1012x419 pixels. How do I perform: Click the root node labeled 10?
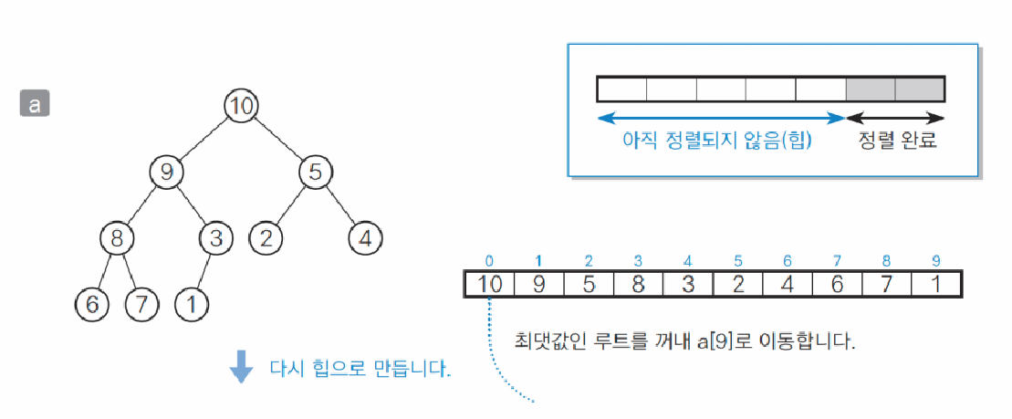pyautogui.click(x=240, y=106)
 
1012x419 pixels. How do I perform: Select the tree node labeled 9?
pyautogui.click(x=166, y=171)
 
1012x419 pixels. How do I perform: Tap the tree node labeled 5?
pyautogui.click(x=314, y=171)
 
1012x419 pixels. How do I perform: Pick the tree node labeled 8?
pyautogui.click(x=117, y=239)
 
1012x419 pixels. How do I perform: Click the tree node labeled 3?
pyautogui.click(x=216, y=239)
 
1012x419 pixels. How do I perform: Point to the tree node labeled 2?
pyautogui.click(x=266, y=239)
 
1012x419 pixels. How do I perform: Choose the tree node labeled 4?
pyautogui.click(x=365, y=239)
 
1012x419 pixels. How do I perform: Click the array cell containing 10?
pyautogui.click(x=490, y=284)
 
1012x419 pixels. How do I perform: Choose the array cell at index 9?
pyautogui.click(x=936, y=284)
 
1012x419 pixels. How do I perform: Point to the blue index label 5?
pyautogui.click(x=737, y=261)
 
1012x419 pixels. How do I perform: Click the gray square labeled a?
pyautogui.click(x=35, y=103)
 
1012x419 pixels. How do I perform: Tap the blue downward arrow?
pyautogui.click(x=241, y=368)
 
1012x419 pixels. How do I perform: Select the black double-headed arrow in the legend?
pyautogui.click(x=895, y=118)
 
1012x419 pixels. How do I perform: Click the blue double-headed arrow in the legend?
pyautogui.click(x=721, y=118)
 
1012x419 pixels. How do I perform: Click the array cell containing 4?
pyautogui.click(x=788, y=284)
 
